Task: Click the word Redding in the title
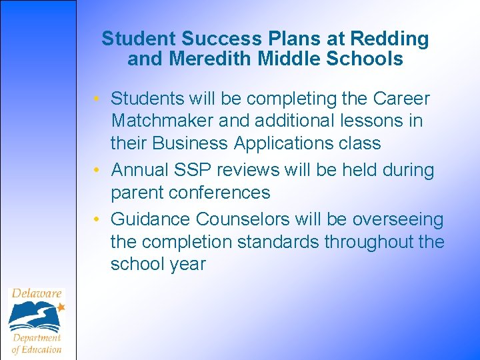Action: point(390,39)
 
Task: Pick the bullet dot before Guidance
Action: point(97,220)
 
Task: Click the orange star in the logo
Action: point(61,307)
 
